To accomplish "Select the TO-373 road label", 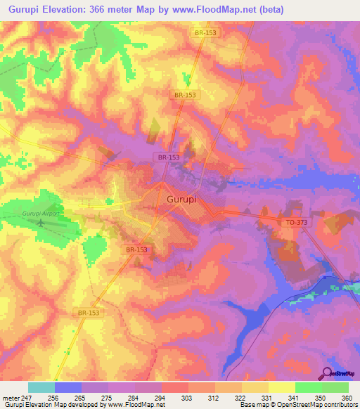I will (x=296, y=222).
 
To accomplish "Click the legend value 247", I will (x=27, y=397).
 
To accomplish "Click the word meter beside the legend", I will (x=9, y=397).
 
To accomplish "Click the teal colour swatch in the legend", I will (x=41, y=387).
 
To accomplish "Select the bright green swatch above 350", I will (x=308, y=387).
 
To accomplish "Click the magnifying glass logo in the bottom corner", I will (x=327, y=373).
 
